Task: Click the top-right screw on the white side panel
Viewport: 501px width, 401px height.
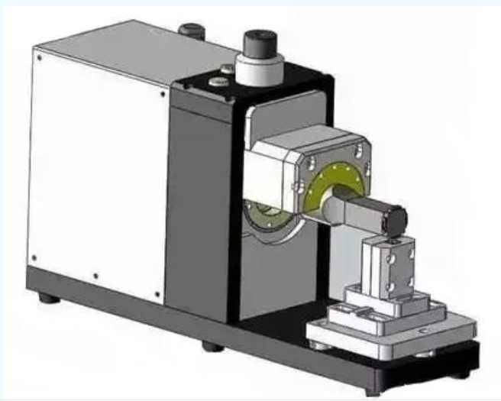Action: [163, 95]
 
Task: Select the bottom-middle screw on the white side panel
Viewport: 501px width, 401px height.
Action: [95, 276]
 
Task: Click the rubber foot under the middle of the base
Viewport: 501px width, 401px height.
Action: [212, 346]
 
